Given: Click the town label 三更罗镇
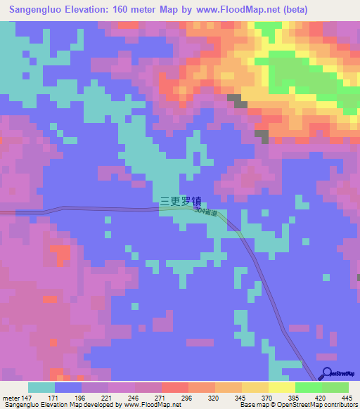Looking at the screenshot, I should (x=181, y=201).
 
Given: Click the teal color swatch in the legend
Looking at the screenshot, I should (x=41, y=388).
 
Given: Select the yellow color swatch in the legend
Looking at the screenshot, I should (x=281, y=388).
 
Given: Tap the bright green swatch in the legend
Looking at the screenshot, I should (x=308, y=388).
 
